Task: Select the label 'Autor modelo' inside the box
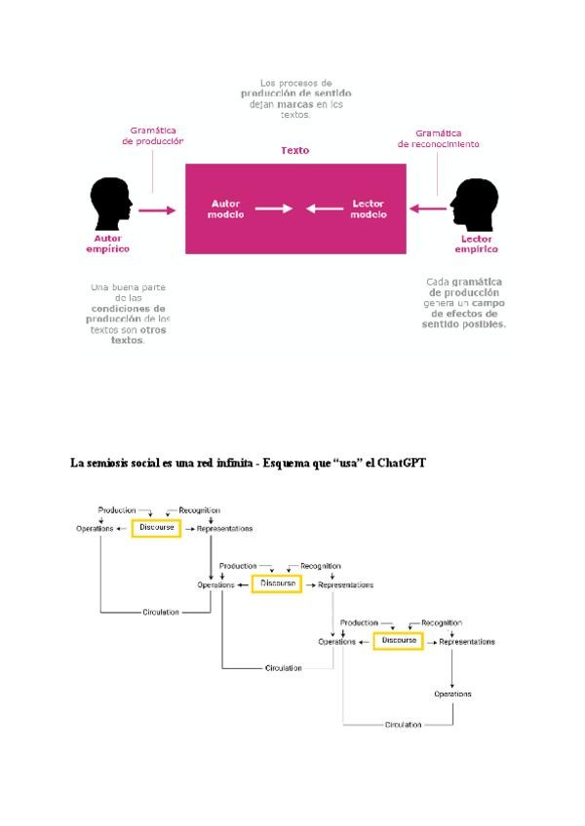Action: [227, 208]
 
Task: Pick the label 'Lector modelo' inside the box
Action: [368, 208]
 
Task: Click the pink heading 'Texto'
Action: [295, 151]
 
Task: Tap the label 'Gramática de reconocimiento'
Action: [438, 138]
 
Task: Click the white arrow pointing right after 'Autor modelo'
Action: [274, 208]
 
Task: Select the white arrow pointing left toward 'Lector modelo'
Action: [323, 208]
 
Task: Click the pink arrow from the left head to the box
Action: [156, 208]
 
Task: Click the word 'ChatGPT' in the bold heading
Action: [400, 464]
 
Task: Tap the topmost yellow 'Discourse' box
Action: [156, 528]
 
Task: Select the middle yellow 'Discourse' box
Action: [277, 584]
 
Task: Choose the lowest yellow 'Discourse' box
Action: [398, 641]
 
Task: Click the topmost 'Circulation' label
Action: [161, 612]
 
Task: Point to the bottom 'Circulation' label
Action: [404, 725]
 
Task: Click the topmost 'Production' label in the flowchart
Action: [117, 509]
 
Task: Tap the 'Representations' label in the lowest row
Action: [466, 642]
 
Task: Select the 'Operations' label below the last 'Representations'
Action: [452, 694]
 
